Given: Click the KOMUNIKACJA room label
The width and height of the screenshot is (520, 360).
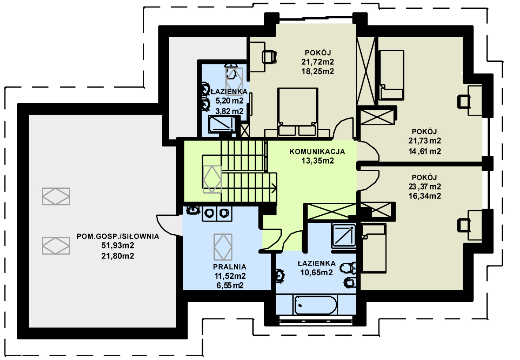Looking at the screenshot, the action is click(x=317, y=152).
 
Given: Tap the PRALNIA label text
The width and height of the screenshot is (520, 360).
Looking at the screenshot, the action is click(x=229, y=267).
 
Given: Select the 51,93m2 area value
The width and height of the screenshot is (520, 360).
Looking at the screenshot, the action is click(x=118, y=246).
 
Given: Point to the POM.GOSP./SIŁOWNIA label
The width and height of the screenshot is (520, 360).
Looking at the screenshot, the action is click(x=118, y=236).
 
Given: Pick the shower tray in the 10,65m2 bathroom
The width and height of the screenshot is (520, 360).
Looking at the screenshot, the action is click(x=344, y=236).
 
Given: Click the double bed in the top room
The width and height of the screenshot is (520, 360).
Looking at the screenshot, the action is click(x=297, y=112).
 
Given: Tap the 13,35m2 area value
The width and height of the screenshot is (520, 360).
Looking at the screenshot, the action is click(x=317, y=161).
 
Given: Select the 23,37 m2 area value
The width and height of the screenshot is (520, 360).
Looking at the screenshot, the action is click(x=424, y=187).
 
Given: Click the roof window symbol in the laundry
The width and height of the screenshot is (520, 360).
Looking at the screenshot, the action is click(x=223, y=247).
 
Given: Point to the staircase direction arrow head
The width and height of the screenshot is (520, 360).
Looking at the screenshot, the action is click(x=274, y=188).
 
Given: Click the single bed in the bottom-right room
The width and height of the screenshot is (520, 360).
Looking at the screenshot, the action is click(x=374, y=248).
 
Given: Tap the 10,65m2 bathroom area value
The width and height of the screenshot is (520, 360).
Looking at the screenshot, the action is click(x=316, y=273).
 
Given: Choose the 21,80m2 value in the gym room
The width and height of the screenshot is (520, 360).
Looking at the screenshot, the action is click(x=118, y=256).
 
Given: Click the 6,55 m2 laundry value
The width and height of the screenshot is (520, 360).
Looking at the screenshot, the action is click(x=230, y=285).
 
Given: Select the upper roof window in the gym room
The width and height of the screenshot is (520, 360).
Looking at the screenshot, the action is click(x=56, y=196).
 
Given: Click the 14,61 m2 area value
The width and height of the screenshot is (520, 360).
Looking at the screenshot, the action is click(x=424, y=151).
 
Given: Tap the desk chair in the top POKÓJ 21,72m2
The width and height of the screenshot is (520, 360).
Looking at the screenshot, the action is click(x=269, y=56).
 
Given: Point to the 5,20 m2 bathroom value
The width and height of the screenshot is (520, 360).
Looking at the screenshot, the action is click(x=229, y=101).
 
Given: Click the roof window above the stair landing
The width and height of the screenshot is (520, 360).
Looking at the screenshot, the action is click(x=212, y=179).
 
